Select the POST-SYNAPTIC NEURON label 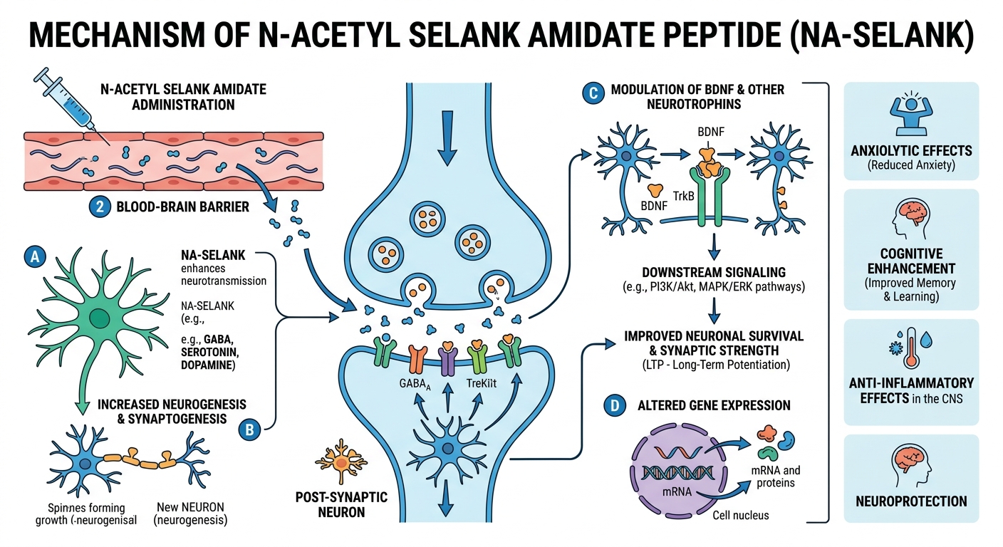pyautogui.click(x=341, y=504)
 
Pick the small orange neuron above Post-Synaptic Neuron pyautogui.click(x=341, y=462)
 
